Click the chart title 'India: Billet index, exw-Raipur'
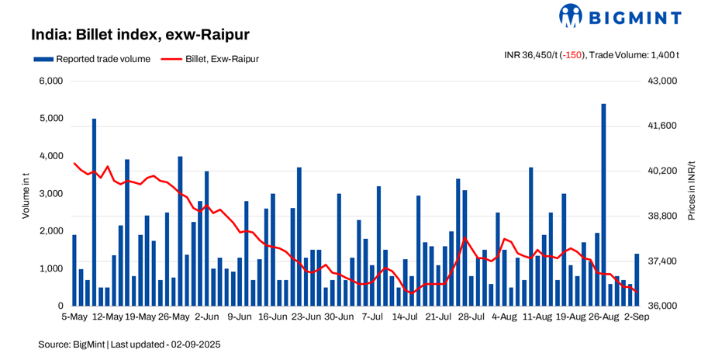click(140, 35)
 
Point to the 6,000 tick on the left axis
click(51, 81)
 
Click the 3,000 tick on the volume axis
click(51, 193)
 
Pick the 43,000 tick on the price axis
click(662, 81)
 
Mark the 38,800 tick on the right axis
click(662, 216)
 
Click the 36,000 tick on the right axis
click(662, 306)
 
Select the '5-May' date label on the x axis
click(74, 317)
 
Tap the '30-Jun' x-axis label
click(339, 317)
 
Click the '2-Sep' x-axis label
click(637, 317)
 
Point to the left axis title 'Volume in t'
click(25, 193)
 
